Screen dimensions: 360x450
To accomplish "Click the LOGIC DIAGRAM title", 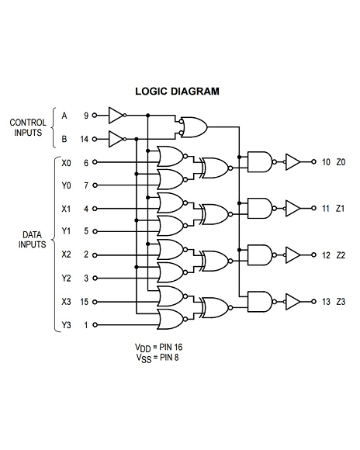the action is point(177,92).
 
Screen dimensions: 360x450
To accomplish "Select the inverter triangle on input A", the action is point(116,116).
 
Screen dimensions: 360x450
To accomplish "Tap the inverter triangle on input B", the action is point(116,139).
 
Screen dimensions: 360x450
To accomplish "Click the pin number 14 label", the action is point(84,139).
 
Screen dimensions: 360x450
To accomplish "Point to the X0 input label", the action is point(66,163).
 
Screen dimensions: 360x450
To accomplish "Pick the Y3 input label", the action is point(66,325).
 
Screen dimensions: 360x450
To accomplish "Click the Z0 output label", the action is point(341,162).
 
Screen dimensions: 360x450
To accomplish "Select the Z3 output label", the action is point(341,302).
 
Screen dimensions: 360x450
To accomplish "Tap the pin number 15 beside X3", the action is point(84,302).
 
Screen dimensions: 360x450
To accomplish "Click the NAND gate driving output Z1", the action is point(260,209).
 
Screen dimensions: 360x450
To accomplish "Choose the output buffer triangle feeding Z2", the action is point(292,254).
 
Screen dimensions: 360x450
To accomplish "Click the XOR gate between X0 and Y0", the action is point(216,168).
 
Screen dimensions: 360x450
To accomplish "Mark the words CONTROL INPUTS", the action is point(28,127).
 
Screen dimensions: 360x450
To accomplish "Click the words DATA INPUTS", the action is point(32,240).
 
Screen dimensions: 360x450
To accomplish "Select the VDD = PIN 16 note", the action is point(158,348).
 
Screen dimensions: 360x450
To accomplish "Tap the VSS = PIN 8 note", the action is point(157,358).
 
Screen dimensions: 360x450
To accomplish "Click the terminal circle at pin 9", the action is point(95,116).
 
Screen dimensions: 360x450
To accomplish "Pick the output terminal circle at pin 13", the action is point(313,301).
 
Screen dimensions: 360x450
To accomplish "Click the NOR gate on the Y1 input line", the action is point(171,226).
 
